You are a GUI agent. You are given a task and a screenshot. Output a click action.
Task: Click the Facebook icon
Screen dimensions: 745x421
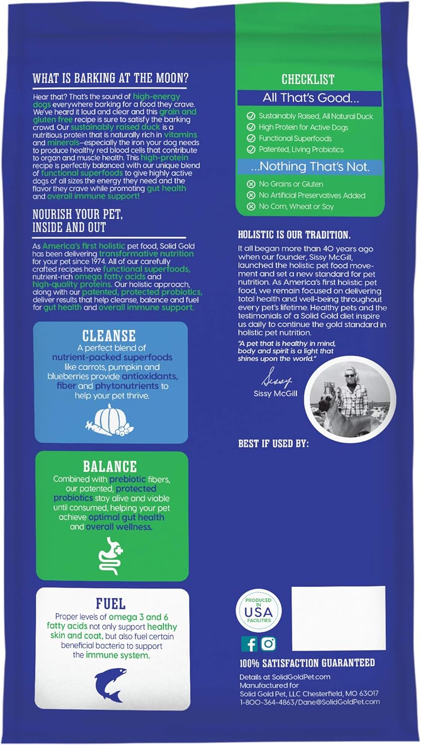pos(250,644)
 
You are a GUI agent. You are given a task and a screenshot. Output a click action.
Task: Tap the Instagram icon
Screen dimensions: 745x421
pos(268,644)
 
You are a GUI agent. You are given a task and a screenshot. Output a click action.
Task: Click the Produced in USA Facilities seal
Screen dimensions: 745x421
pos(258,611)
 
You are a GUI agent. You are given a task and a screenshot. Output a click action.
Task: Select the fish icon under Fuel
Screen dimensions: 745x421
pos(109,687)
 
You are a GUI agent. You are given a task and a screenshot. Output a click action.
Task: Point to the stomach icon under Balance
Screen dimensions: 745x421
pos(110,556)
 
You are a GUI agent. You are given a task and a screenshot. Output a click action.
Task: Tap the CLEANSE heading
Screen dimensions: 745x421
pos(109,336)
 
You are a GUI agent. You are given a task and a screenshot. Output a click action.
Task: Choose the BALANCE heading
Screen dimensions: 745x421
pos(110,466)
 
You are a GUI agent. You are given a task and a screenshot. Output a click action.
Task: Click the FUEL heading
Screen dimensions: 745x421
pos(110,604)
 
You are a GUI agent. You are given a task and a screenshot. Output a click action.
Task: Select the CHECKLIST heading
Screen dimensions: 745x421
pos(308,79)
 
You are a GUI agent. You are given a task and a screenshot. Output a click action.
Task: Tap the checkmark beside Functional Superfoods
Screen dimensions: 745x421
pos(251,139)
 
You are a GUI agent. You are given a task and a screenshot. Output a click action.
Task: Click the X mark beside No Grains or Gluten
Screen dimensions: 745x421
pos(251,184)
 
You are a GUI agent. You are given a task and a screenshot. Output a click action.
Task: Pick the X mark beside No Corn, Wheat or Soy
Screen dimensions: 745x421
pos(251,207)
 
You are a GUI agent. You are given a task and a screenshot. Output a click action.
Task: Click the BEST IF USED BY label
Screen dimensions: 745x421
pos(273,444)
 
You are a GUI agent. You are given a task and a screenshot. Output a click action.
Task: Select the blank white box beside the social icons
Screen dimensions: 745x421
pos(338,618)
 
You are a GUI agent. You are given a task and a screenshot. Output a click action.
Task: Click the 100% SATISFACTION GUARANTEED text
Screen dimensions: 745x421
pos(307,663)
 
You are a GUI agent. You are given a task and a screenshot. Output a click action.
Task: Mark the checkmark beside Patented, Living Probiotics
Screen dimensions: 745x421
pos(251,149)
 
